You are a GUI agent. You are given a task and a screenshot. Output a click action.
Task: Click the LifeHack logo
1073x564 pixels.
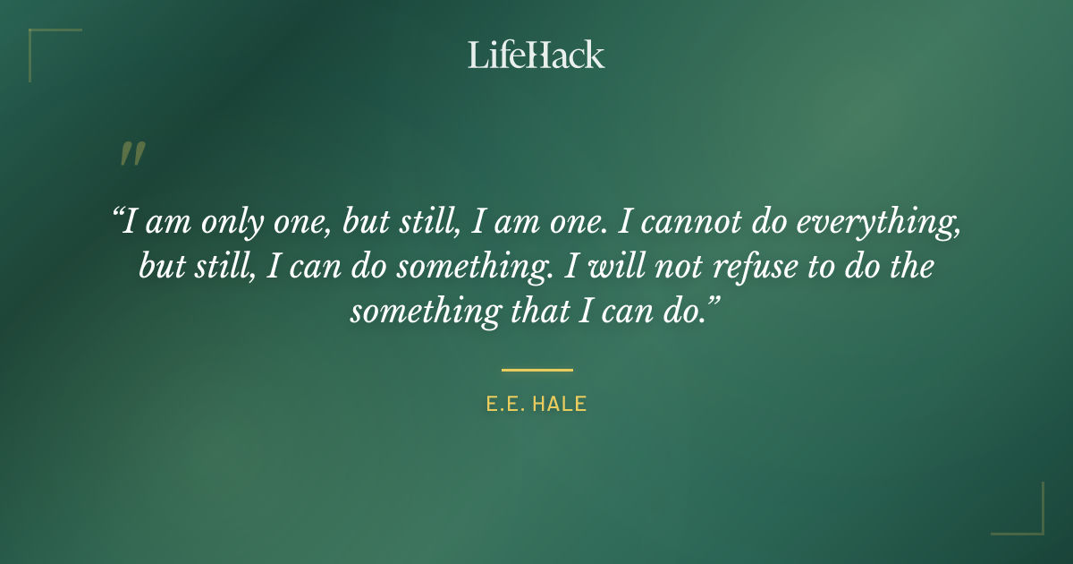(536, 56)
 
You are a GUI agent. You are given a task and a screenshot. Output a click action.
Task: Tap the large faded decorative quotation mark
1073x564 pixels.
(131, 155)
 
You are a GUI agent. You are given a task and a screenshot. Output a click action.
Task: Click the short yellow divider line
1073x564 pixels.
(536, 369)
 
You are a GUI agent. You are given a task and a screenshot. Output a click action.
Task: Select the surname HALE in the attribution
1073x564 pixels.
(559, 405)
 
